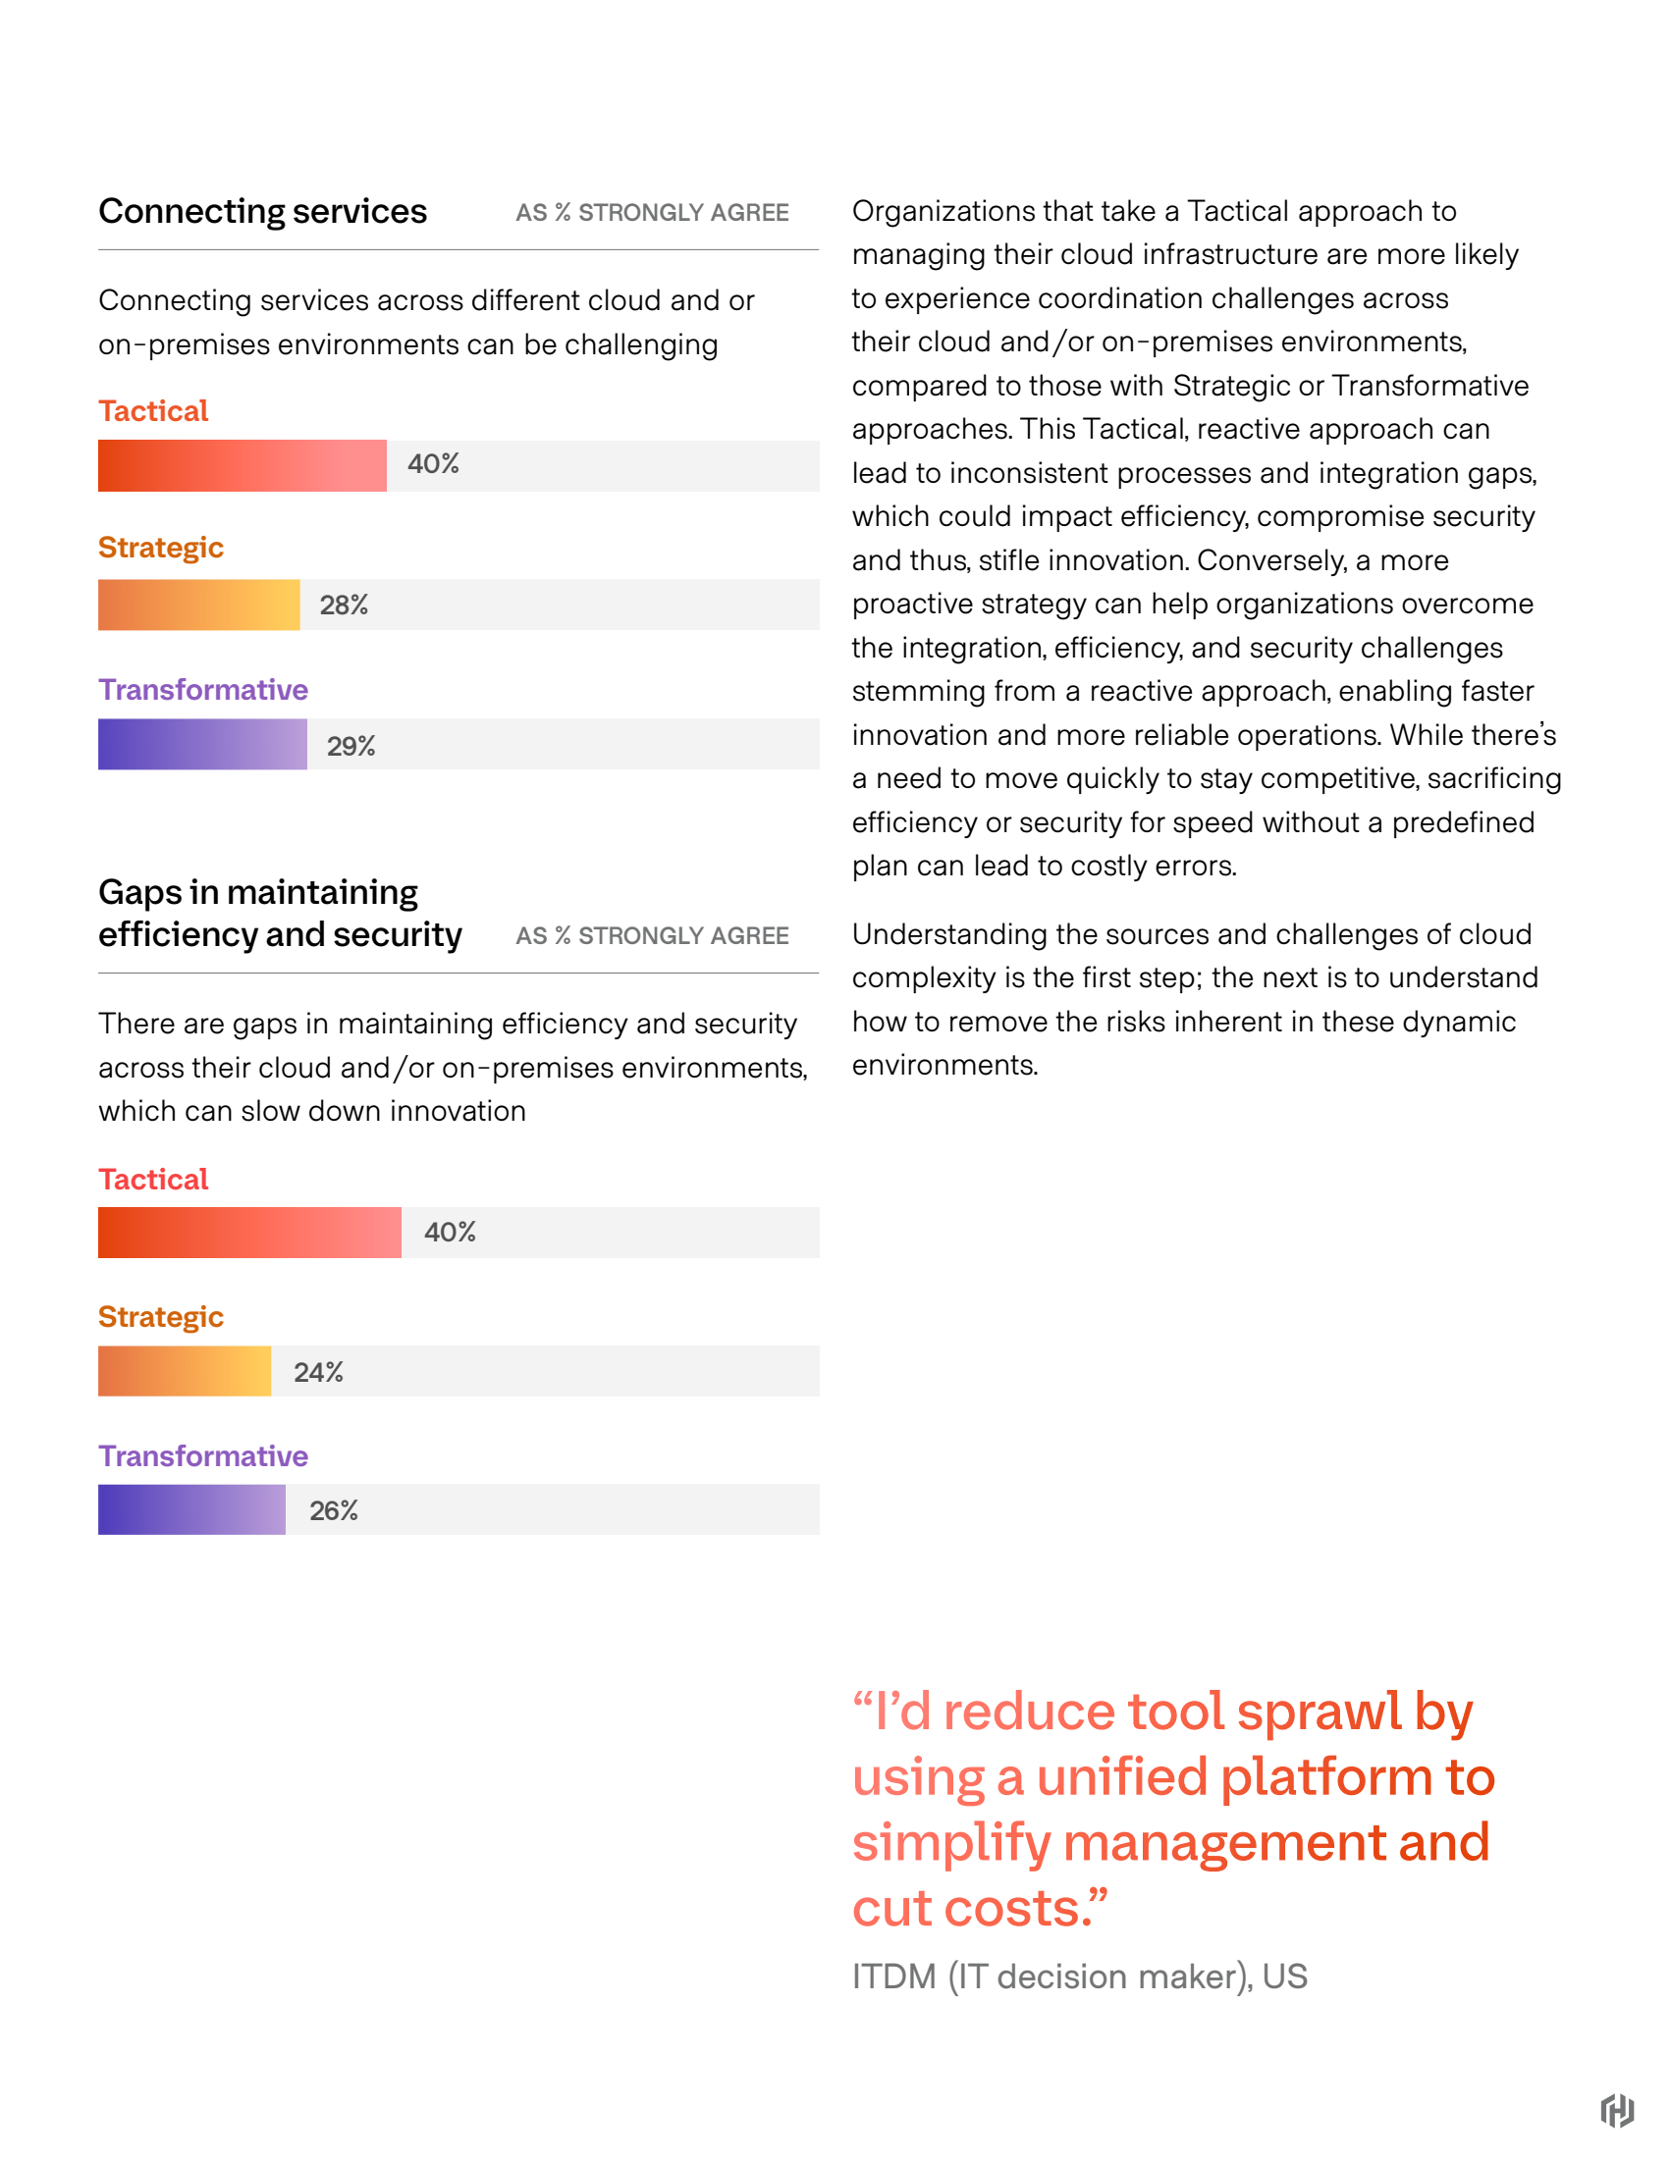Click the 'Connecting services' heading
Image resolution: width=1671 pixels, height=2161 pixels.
tap(262, 212)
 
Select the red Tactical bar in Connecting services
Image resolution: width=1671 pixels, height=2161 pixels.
tap(242, 466)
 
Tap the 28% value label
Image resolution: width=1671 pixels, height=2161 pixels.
tap(344, 605)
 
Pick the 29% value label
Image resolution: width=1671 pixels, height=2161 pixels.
tap(350, 746)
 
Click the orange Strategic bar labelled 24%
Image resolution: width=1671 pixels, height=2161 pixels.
tap(185, 1371)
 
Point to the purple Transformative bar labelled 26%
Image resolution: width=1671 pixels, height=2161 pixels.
tap(191, 1510)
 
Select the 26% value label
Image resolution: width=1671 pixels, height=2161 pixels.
tap(334, 1511)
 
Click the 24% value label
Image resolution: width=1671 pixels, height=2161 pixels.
tap(318, 1372)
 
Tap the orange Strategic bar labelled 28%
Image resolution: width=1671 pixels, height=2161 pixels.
tap(199, 605)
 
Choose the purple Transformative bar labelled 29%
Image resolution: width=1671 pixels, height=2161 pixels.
tap(202, 744)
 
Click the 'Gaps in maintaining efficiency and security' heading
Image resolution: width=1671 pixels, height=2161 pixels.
tap(280, 914)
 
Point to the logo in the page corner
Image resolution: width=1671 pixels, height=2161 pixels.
tap(1617, 2111)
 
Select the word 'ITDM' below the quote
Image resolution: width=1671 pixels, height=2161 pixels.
tap(893, 1977)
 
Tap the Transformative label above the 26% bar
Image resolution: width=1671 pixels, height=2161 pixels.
tap(203, 1456)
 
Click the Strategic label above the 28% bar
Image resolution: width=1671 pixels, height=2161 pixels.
tap(160, 549)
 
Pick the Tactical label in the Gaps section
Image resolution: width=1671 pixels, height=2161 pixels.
tap(153, 1180)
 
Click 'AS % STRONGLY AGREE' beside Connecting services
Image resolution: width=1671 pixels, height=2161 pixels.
tap(652, 213)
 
